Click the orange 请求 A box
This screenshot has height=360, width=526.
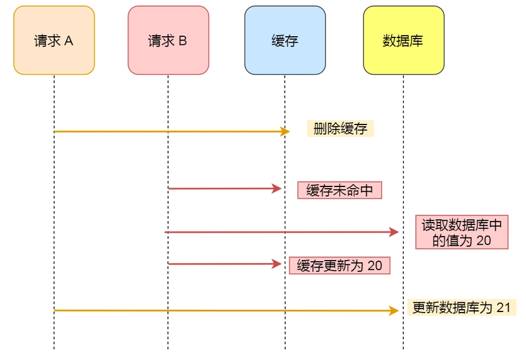54,40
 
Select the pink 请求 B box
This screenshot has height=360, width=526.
168,40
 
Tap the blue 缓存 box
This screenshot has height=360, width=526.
285,40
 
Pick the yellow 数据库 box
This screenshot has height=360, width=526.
403,40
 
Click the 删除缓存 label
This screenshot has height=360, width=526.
340,129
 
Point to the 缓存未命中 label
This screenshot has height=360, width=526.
340,191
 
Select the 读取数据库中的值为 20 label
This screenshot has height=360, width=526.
462,232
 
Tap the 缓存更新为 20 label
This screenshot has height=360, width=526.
340,266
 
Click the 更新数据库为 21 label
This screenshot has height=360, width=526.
462,308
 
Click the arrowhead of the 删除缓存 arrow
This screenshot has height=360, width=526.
286,131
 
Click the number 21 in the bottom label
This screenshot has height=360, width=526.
504,308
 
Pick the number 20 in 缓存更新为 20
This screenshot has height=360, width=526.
375,266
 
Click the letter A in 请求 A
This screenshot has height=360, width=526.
68,41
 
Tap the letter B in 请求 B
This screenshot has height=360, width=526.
182,41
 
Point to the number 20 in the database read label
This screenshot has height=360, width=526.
483,240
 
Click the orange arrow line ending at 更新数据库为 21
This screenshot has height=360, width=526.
222,311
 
